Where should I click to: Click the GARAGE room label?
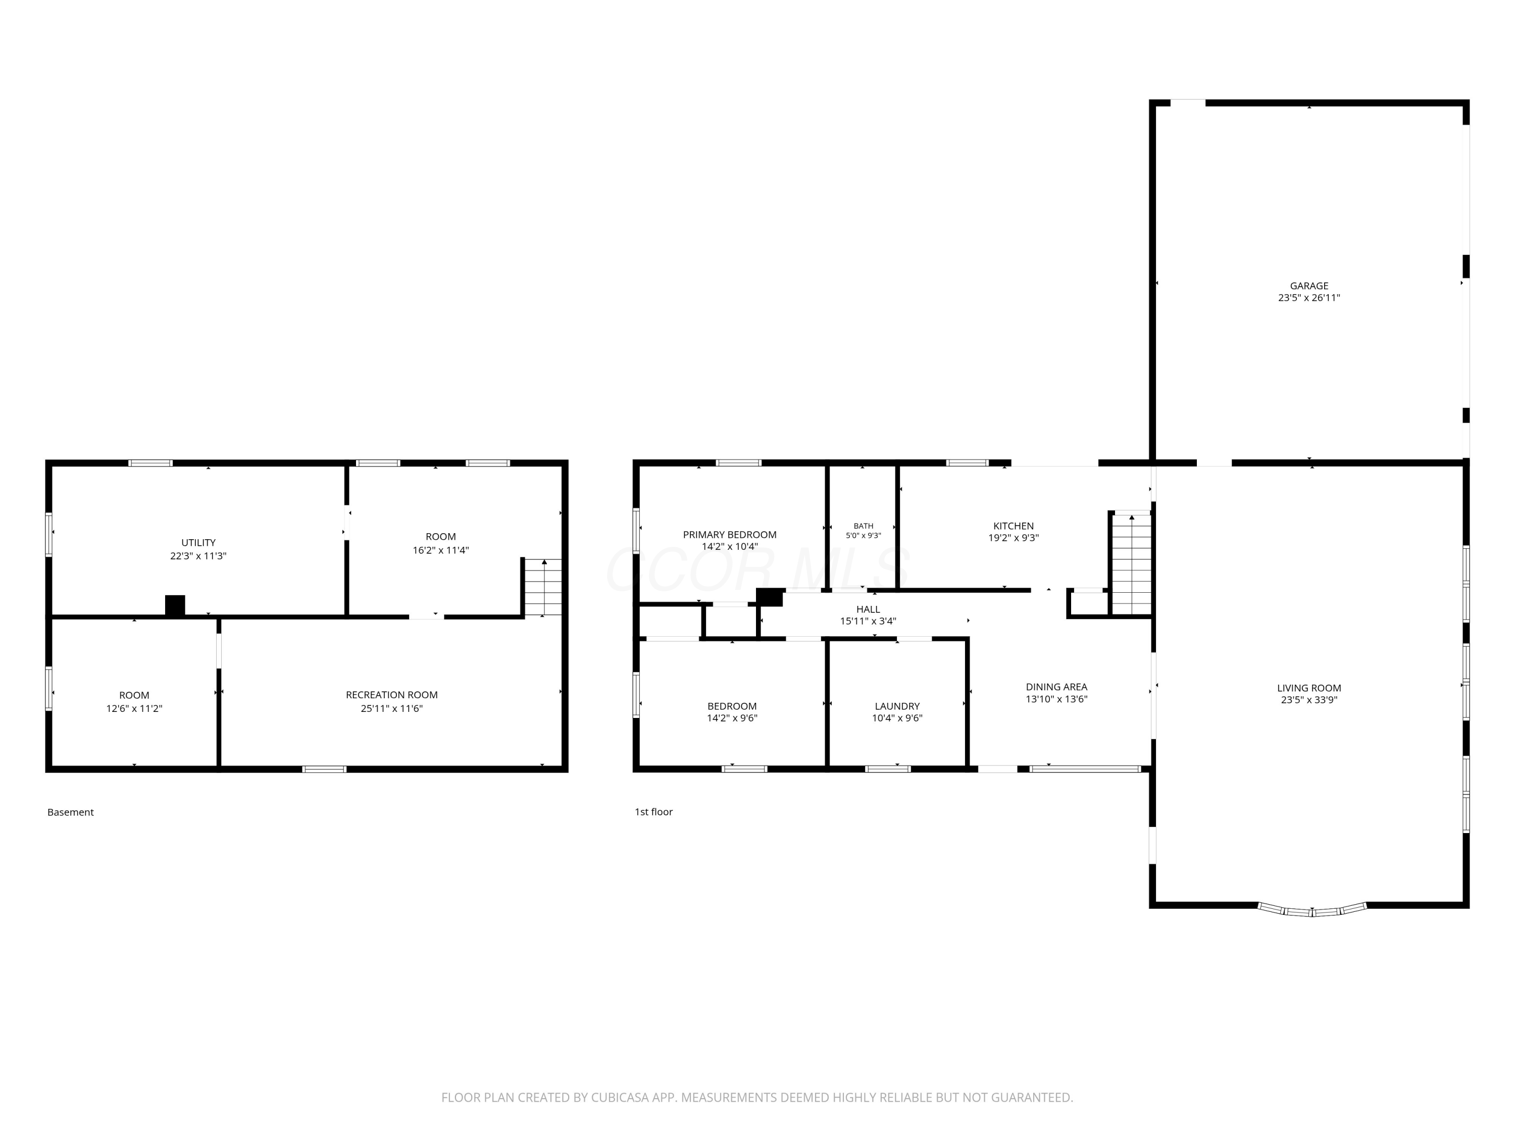coord(1309,286)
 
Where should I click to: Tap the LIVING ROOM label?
coord(1309,688)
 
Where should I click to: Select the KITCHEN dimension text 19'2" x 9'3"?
coord(1013,538)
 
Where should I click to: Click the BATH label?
coord(863,526)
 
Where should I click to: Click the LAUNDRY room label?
coord(897,706)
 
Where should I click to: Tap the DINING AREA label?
coord(1056,687)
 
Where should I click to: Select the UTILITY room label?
coord(198,543)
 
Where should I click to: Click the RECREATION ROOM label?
coord(392,695)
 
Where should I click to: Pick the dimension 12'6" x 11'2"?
coord(134,709)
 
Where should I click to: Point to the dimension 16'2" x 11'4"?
coord(440,550)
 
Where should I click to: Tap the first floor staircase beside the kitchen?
coord(1131,563)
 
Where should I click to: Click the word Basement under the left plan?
coord(71,812)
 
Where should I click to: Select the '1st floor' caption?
coord(653,812)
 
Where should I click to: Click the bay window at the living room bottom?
coord(1312,910)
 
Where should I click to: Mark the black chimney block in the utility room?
coord(175,605)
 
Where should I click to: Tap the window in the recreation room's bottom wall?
coord(325,769)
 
